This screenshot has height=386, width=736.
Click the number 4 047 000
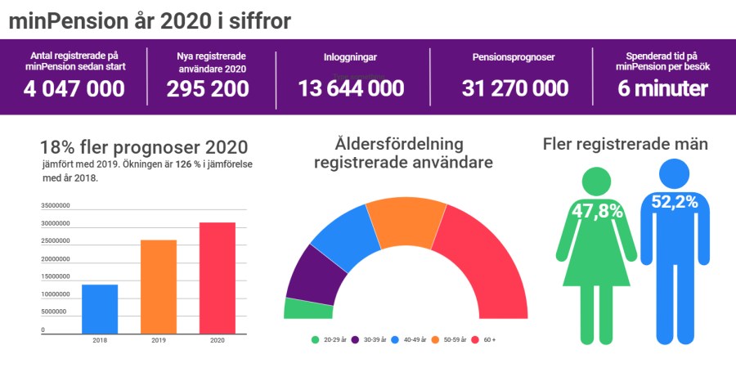(x=74, y=89)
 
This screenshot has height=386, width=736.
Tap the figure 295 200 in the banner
(x=208, y=89)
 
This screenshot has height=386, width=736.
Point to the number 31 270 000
(x=514, y=89)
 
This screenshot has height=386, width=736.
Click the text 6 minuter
(x=662, y=89)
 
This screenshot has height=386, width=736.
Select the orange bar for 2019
(x=159, y=287)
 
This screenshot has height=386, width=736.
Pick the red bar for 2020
(x=218, y=278)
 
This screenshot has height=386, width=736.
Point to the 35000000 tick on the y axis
(x=55, y=205)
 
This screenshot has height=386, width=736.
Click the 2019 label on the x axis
(x=159, y=340)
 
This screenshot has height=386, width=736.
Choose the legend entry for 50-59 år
(x=453, y=339)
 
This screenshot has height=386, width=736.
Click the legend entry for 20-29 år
(x=328, y=339)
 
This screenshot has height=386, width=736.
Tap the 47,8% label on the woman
(x=597, y=210)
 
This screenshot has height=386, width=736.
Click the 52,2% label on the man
(x=674, y=201)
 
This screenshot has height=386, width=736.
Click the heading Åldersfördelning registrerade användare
(x=402, y=152)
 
